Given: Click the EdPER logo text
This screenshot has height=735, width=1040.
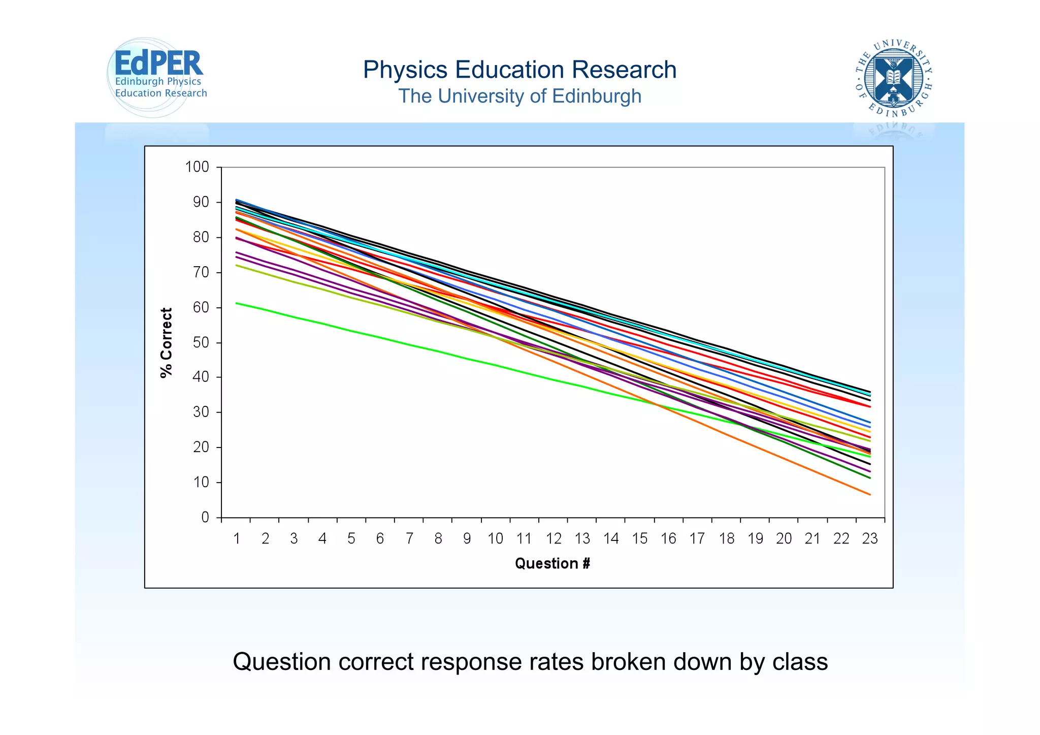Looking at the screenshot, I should pyautogui.click(x=158, y=65).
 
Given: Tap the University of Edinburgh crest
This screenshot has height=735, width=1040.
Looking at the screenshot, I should pyautogui.click(x=893, y=78).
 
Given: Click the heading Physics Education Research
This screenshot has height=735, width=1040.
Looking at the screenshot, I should pyautogui.click(x=519, y=70).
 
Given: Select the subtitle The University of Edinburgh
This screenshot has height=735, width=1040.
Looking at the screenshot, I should pyautogui.click(x=519, y=96).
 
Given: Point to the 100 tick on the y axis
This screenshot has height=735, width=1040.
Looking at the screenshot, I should pyautogui.click(x=197, y=167).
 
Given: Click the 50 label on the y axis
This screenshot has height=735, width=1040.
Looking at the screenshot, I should pyautogui.click(x=201, y=342).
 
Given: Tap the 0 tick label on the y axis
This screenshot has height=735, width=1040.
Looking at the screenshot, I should pyautogui.click(x=205, y=518).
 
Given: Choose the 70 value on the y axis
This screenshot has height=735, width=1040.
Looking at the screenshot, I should pyautogui.click(x=201, y=272).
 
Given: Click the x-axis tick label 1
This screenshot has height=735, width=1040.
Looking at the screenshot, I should pyautogui.click(x=237, y=539).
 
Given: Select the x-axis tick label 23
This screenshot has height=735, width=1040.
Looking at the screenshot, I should pyautogui.click(x=870, y=539).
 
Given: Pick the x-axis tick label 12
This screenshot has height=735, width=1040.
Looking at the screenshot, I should pyautogui.click(x=554, y=539).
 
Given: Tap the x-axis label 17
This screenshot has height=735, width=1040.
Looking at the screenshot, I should pyautogui.click(x=697, y=539).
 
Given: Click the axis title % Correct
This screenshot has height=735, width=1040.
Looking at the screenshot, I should pyautogui.click(x=167, y=342).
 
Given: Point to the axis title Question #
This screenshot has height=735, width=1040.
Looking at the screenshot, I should pyautogui.click(x=552, y=563).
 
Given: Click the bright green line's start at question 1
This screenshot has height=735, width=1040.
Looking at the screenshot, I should pyautogui.click(x=237, y=303).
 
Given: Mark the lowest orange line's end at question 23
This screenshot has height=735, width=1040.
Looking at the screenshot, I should pyautogui.click(x=870, y=494).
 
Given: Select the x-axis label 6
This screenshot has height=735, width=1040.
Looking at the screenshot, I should pyautogui.click(x=380, y=539).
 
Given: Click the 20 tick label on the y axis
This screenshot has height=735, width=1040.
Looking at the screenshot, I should pyautogui.click(x=201, y=448).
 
